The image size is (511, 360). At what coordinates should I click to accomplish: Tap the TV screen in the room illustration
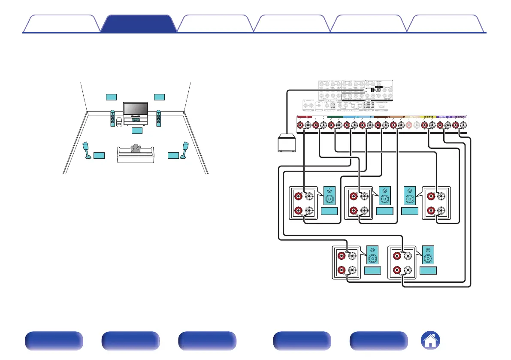[136, 109]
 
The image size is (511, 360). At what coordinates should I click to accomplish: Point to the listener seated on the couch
[136, 148]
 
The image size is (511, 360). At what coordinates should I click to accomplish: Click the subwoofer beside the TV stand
[119, 122]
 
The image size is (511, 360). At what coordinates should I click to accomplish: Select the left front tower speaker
[112, 120]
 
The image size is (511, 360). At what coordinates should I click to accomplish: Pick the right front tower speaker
[159, 120]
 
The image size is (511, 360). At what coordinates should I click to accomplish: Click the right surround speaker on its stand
[186, 149]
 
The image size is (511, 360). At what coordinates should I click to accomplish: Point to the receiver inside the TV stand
[136, 121]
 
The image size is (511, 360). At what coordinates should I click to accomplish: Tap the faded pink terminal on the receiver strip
[409, 125]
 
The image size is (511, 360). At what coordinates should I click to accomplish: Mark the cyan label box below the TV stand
[136, 130]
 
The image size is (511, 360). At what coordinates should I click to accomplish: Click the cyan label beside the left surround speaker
[99, 154]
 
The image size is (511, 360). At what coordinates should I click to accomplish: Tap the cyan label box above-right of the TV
[159, 96]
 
